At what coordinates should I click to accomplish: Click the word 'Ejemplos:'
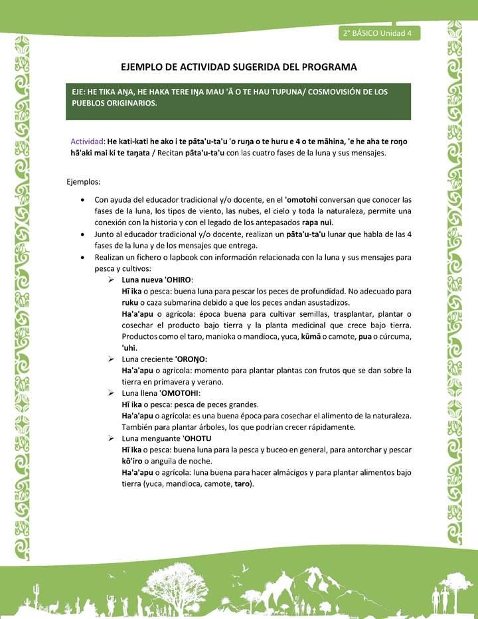[84, 181]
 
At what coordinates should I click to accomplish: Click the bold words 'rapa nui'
[317, 222]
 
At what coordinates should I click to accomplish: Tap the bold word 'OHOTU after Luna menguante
[197, 438]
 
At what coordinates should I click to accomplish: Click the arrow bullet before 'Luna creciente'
[113, 359]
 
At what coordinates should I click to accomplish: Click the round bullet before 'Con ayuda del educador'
[81, 199]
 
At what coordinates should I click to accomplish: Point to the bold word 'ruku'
[130, 303]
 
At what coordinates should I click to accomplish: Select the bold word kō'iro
[133, 461]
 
